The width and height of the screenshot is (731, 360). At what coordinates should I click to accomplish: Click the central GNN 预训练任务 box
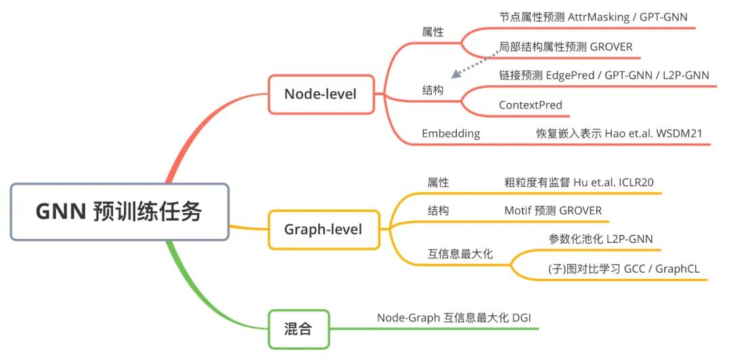[119, 212]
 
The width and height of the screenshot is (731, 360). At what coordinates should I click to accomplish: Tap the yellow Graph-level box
[323, 229]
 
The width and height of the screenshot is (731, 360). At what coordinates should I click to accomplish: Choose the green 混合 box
[298, 330]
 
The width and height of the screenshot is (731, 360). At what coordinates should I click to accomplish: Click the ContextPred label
[531, 105]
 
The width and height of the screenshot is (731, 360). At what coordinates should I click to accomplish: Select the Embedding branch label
[451, 133]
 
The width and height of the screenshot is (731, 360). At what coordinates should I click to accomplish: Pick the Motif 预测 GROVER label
[552, 210]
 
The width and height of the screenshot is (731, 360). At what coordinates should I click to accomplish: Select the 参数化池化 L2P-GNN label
[600, 239]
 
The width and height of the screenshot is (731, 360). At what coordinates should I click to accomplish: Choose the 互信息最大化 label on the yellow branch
[460, 254]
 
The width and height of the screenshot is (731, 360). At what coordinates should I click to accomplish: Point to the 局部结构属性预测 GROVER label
[565, 47]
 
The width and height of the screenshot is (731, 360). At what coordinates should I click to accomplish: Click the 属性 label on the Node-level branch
[433, 31]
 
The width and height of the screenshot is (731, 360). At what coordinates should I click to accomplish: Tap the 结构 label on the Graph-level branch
[438, 210]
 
